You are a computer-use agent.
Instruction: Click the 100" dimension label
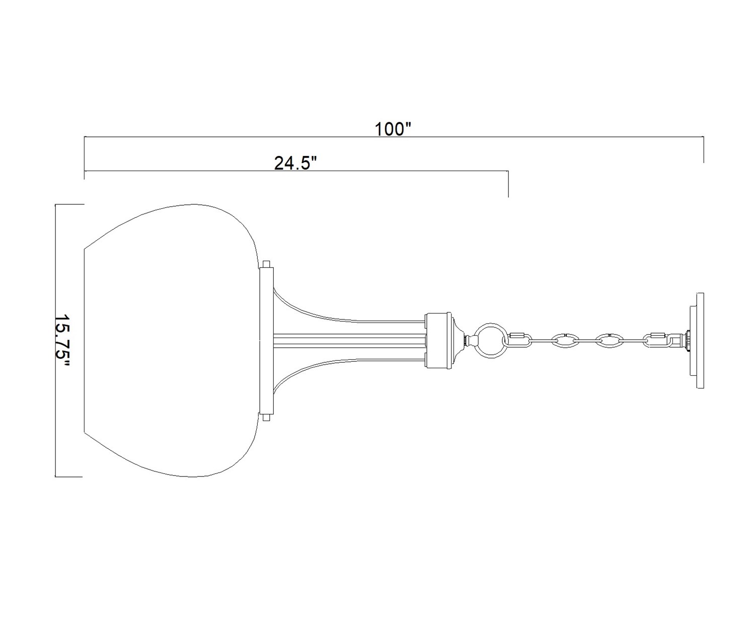pyautogui.click(x=393, y=129)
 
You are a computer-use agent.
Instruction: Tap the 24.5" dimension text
pyautogui.click(x=295, y=164)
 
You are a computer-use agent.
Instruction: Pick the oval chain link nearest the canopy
pyautogui.click(x=608, y=340)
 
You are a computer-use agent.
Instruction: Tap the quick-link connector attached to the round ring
pyautogui.click(x=516, y=340)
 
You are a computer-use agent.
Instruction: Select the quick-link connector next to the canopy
pyautogui.click(x=657, y=340)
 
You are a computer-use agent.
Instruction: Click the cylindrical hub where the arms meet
pyautogui.click(x=439, y=340)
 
